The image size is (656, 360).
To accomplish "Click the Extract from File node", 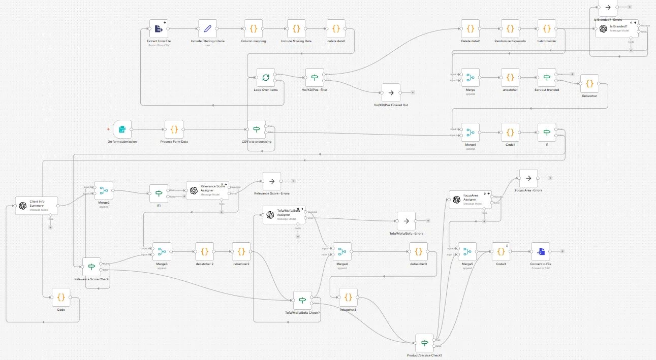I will [x=159, y=29].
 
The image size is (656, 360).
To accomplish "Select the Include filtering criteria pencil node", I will [x=207, y=29].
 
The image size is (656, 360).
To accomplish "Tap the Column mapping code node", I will [x=254, y=29].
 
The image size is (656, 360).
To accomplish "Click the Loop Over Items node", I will [x=266, y=78].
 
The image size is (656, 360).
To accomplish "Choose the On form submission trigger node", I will [x=122, y=129].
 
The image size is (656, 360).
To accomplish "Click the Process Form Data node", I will [x=174, y=129].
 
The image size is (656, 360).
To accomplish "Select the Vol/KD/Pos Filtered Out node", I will [x=391, y=93].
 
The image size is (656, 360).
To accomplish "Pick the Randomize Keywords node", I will [x=510, y=29].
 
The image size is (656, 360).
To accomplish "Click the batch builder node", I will [x=547, y=29].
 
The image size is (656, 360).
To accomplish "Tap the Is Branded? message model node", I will [x=617, y=29].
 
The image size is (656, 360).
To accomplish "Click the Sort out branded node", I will [x=547, y=78].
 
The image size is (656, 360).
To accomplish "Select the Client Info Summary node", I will [x=37, y=206].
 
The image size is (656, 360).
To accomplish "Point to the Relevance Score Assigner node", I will [x=207, y=190].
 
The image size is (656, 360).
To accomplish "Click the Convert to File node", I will [x=541, y=251].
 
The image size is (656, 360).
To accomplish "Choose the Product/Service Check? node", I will [x=424, y=343].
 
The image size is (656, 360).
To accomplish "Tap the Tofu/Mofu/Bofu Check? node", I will [x=302, y=300].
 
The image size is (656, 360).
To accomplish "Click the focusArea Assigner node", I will [x=471, y=200].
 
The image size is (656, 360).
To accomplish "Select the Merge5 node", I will [x=467, y=251].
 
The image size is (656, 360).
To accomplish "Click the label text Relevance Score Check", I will [x=92, y=279].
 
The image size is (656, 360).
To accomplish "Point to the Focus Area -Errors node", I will [x=528, y=178].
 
